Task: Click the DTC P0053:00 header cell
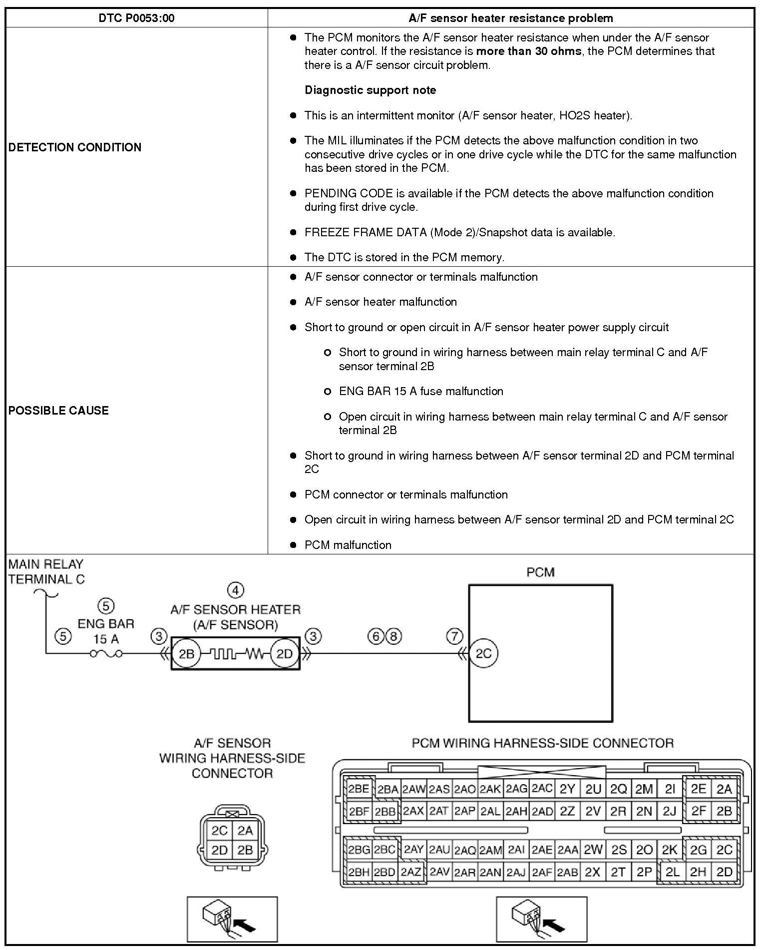pos(136,18)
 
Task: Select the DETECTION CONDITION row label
pos(75,147)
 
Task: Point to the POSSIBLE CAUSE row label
pos(58,411)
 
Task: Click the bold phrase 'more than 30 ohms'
pos(528,51)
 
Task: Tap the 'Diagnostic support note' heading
pos(370,90)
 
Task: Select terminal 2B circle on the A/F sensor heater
pos(186,653)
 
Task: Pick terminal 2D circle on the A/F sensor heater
pos(284,653)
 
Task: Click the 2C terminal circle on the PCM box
pos(483,653)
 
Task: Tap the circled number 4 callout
pos(236,590)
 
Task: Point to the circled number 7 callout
pos(454,636)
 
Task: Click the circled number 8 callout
pos(394,636)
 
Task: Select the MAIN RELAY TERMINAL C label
pos(46,572)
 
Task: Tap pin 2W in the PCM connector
pos(593,849)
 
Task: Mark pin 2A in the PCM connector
pos(724,789)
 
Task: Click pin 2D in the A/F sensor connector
pos(220,850)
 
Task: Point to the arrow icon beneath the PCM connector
pos(541,919)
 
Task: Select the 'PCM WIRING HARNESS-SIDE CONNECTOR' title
pos(542,743)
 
